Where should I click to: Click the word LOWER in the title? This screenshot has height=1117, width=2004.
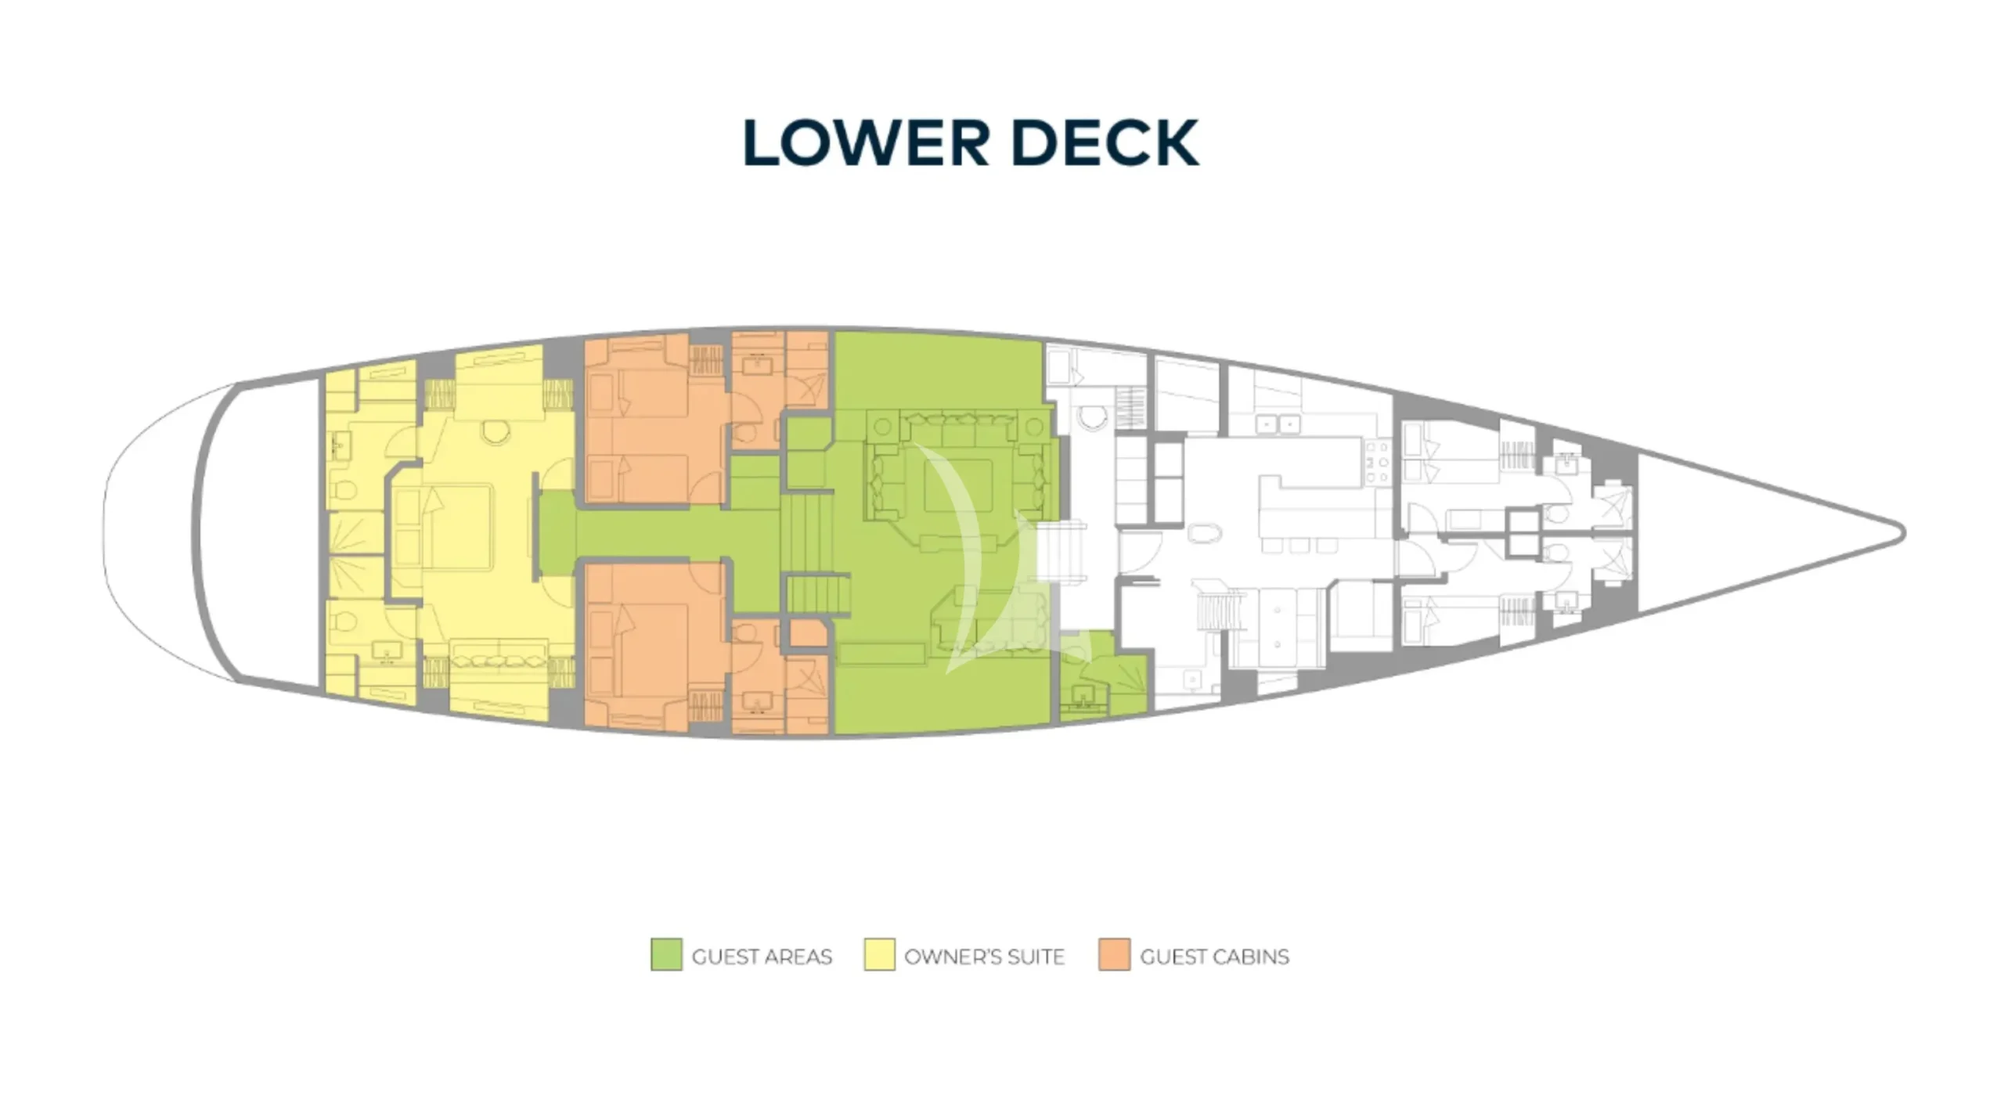pos(867,142)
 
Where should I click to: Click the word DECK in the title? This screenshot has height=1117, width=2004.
pos(1105,142)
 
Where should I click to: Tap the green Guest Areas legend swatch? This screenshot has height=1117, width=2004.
pos(666,955)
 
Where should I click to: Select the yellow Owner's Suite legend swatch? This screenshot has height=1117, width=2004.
pos(879,955)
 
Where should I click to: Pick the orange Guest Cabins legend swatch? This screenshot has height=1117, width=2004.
pos(1114,955)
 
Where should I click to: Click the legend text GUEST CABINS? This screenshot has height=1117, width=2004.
pos(1214,957)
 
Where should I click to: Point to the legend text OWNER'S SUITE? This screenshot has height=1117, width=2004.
pos(984,957)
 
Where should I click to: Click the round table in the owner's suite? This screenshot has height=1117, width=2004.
pos(495,431)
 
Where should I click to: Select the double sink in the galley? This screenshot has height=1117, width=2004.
pos(1278,424)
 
